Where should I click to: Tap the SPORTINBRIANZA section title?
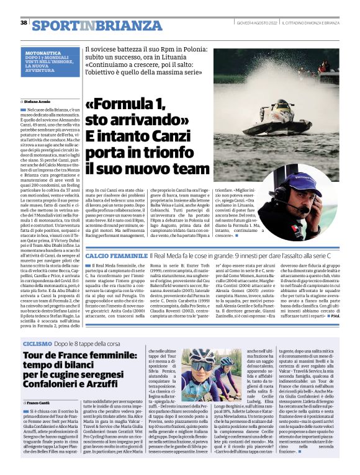(78, 24)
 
